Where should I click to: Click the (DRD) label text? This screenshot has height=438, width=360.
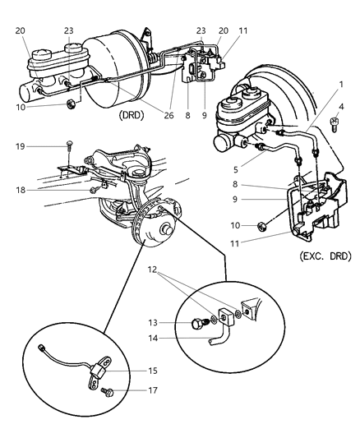click(x=132, y=115)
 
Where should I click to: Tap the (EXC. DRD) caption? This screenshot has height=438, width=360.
click(x=325, y=256)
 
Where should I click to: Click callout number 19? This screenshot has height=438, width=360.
click(x=20, y=146)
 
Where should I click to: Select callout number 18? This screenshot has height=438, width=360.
click(x=21, y=190)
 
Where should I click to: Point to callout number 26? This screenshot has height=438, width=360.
click(x=168, y=115)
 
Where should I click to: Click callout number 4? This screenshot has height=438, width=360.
click(x=341, y=107)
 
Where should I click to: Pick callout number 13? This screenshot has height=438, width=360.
click(x=153, y=323)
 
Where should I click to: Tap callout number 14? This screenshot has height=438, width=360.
click(x=153, y=339)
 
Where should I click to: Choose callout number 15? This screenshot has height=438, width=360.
click(x=153, y=371)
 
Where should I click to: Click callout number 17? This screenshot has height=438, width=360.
click(x=153, y=390)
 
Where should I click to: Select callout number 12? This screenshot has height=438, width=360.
click(x=153, y=270)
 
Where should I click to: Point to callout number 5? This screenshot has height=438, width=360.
click(x=236, y=169)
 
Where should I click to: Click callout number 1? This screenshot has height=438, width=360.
click(x=341, y=84)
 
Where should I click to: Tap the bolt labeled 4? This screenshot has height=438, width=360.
click(x=334, y=124)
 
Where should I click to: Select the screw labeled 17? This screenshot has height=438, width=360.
click(x=108, y=392)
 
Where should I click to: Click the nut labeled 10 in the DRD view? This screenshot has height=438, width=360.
click(x=72, y=104)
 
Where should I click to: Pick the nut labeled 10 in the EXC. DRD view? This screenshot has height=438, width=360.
click(x=262, y=226)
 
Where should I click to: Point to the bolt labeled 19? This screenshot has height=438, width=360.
click(x=69, y=146)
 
